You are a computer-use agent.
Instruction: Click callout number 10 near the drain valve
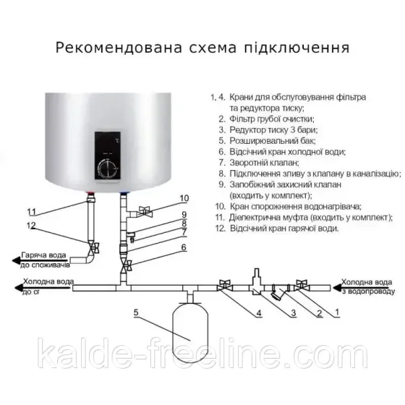pyautogui.click(x=184, y=197)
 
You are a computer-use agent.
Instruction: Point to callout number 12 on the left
pyautogui.click(x=30, y=226)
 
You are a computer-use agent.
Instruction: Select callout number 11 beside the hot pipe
pyautogui.click(x=30, y=212)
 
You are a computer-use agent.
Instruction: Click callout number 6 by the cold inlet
pyautogui.click(x=184, y=247)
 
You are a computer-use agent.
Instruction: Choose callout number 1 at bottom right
pyautogui.click(x=336, y=312)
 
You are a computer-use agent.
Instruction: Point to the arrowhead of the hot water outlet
pyautogui.click(x=10, y=257)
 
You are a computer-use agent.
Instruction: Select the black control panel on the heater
pyautogui.click(x=108, y=155)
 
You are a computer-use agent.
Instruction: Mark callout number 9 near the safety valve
pyautogui.click(x=184, y=214)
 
